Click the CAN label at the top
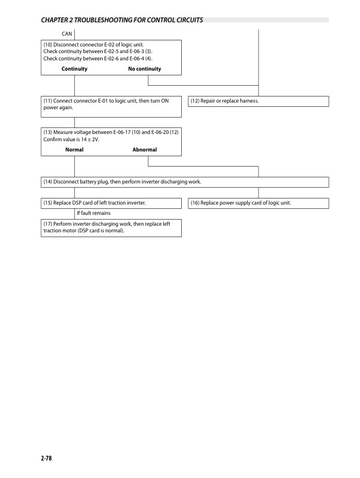point(68,33)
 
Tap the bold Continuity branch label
point(74,69)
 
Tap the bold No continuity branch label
point(144,69)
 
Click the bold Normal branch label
point(74,150)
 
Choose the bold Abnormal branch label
point(144,150)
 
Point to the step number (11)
point(48,101)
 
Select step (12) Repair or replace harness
point(225,101)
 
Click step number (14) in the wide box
point(48,182)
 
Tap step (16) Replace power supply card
point(241,203)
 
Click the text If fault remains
point(93,213)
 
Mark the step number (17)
point(48,224)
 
